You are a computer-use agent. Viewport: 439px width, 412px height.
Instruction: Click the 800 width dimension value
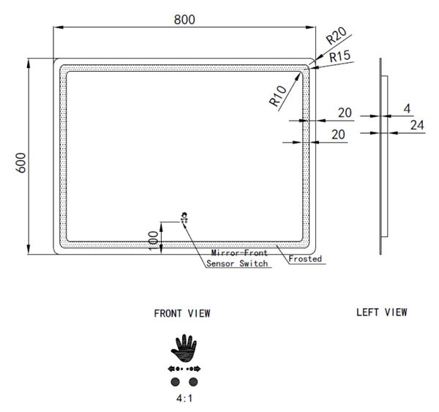184,20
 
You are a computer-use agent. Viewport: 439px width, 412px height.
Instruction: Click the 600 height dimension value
21,162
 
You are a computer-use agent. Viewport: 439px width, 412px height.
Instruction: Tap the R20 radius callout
337,36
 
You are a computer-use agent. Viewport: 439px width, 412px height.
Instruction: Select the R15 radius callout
339,56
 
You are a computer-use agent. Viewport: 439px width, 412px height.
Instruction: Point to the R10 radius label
278,96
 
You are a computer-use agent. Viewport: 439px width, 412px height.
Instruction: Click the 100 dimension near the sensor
154,240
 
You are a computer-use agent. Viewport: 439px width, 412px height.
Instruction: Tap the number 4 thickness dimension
407,109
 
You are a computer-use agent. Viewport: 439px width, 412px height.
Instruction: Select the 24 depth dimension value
417,125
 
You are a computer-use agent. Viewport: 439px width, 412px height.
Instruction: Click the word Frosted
305,258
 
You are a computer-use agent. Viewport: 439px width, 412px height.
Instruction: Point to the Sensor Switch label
237,263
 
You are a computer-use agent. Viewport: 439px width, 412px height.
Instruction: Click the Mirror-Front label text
239,252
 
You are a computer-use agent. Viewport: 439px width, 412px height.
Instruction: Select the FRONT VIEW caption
182,313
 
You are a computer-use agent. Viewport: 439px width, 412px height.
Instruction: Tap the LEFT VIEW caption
382,312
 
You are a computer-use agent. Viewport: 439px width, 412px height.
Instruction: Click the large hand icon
184,348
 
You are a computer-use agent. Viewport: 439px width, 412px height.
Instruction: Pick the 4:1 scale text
184,398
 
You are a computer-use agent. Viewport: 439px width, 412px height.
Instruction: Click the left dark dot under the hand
176,382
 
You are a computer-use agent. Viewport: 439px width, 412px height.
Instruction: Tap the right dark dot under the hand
193,382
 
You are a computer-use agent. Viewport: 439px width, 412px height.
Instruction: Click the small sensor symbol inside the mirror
184,217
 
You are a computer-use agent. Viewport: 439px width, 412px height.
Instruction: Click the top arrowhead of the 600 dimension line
29,63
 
